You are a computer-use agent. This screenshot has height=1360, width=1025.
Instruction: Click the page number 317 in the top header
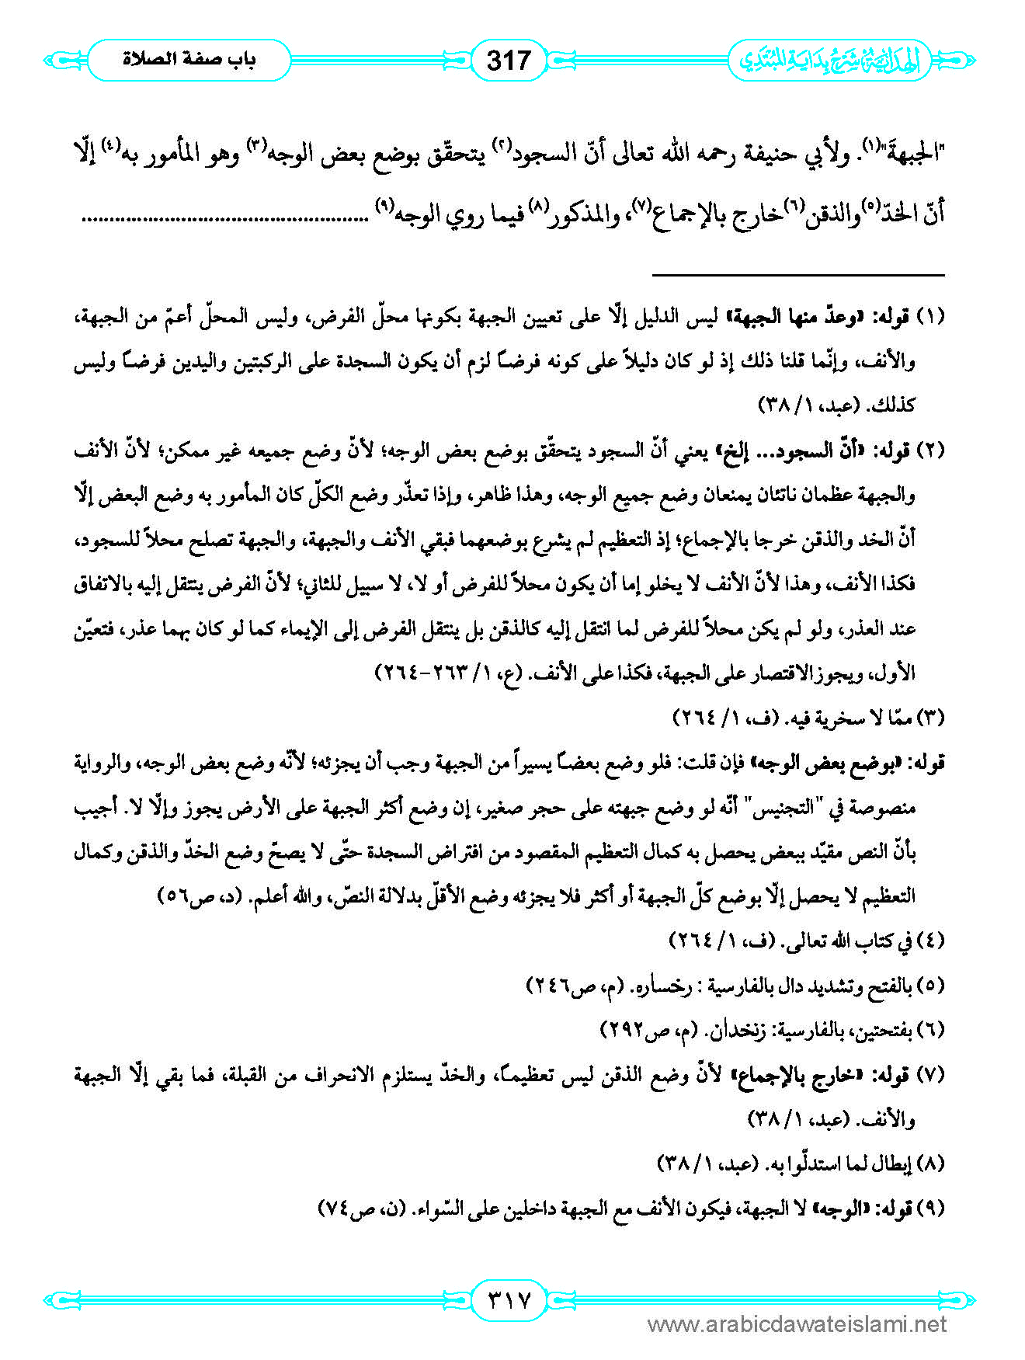click(509, 60)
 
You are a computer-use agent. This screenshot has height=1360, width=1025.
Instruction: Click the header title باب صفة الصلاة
click(189, 60)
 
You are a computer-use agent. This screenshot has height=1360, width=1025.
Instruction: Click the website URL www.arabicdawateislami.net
click(797, 1324)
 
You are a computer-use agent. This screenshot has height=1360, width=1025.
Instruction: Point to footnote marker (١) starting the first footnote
click(931, 317)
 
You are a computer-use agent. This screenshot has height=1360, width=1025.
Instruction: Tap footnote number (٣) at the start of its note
click(931, 718)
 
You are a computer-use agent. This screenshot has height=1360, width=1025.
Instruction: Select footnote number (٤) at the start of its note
click(931, 941)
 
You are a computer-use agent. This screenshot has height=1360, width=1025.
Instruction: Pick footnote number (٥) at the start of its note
click(931, 986)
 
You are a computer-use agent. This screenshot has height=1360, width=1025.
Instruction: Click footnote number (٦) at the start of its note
click(931, 1031)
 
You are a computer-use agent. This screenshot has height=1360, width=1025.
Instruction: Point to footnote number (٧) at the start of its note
click(931, 1076)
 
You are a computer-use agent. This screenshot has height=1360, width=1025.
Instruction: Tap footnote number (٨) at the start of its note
click(931, 1164)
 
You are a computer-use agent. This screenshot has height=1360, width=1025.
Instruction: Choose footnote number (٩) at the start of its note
click(931, 1209)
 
